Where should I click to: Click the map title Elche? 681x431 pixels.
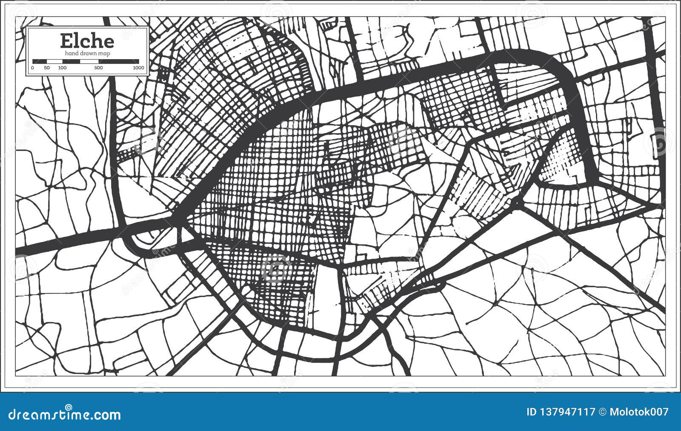click(x=87, y=41)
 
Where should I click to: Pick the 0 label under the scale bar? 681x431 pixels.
click(x=33, y=68)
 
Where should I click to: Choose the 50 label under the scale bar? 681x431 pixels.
click(x=47, y=68)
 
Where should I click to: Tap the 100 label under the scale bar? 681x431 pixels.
click(x=62, y=68)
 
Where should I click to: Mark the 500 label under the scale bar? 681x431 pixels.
click(x=98, y=68)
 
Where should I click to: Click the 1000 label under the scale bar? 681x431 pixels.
click(x=138, y=68)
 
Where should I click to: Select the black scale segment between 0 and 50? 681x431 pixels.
click(x=40, y=61)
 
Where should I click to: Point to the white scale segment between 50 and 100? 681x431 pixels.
click(x=54, y=61)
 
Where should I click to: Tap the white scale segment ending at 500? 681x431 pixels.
click(x=89, y=61)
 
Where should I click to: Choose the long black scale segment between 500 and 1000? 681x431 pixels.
click(x=119, y=61)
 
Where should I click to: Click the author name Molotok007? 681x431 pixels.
click(x=639, y=412)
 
